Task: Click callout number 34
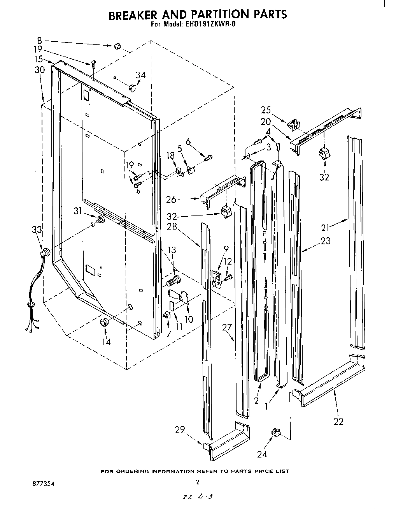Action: [140, 75]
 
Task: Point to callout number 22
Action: [338, 421]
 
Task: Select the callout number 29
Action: [179, 430]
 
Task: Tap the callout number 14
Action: [106, 342]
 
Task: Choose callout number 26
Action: [171, 200]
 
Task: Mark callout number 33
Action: [37, 230]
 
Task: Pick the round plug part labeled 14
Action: [104, 322]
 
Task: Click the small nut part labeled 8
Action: [117, 47]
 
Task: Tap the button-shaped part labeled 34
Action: [133, 88]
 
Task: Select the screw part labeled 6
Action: [209, 157]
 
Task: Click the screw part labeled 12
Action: [229, 277]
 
